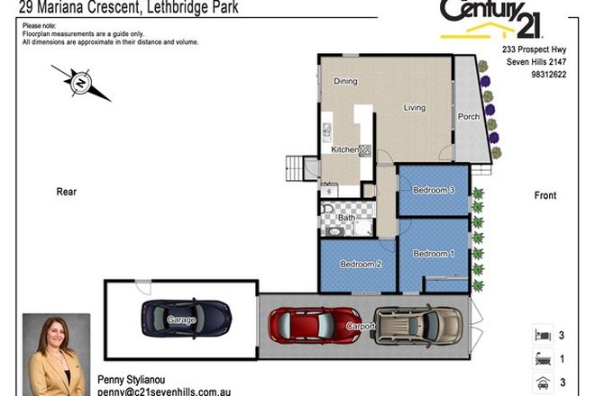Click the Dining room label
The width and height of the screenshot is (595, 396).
pos(345,82)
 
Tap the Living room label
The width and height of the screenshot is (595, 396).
pos(415,108)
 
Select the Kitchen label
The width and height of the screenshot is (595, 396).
pos(345,149)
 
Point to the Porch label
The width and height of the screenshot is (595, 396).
pos(468,117)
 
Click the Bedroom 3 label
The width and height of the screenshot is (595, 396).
pos(433,190)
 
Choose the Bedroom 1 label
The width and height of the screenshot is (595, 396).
pos(433,254)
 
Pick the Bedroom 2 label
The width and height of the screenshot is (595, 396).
pos(360,265)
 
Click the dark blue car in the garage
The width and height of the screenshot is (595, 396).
pos(185,316)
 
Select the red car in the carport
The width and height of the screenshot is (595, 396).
pos(315,326)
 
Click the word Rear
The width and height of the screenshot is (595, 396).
pos(67,192)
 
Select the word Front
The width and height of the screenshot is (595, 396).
pos(545,195)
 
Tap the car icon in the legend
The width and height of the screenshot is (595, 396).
pos(543,382)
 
